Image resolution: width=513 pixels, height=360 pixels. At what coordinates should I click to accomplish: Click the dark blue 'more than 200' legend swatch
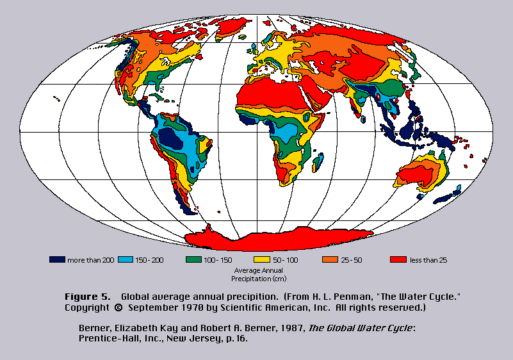57,260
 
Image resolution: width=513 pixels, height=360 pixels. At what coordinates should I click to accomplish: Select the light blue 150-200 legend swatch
125,260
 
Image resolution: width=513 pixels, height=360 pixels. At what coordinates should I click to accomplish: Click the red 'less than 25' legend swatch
398,260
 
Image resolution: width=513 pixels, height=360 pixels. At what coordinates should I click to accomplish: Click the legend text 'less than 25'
428,260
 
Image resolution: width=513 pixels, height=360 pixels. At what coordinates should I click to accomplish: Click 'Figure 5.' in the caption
87,297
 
